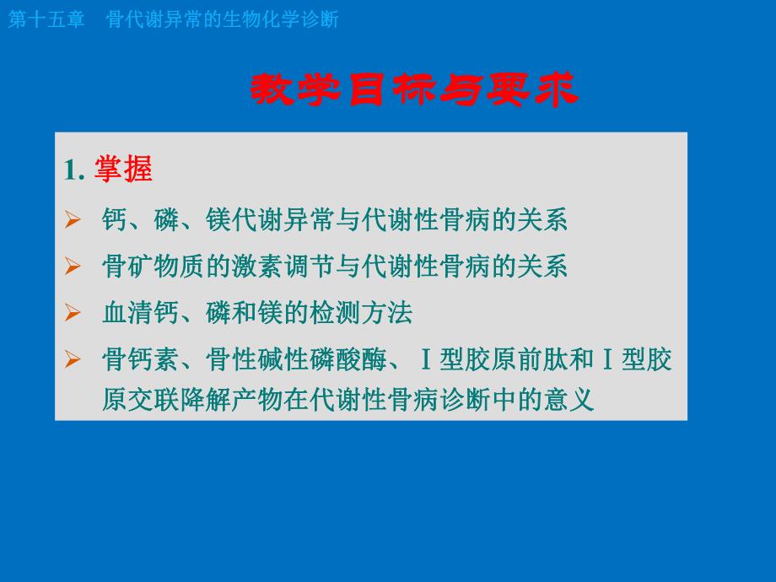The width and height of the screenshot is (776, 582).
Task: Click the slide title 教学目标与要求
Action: click(x=414, y=90)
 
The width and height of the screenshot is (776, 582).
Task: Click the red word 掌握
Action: click(x=124, y=170)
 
